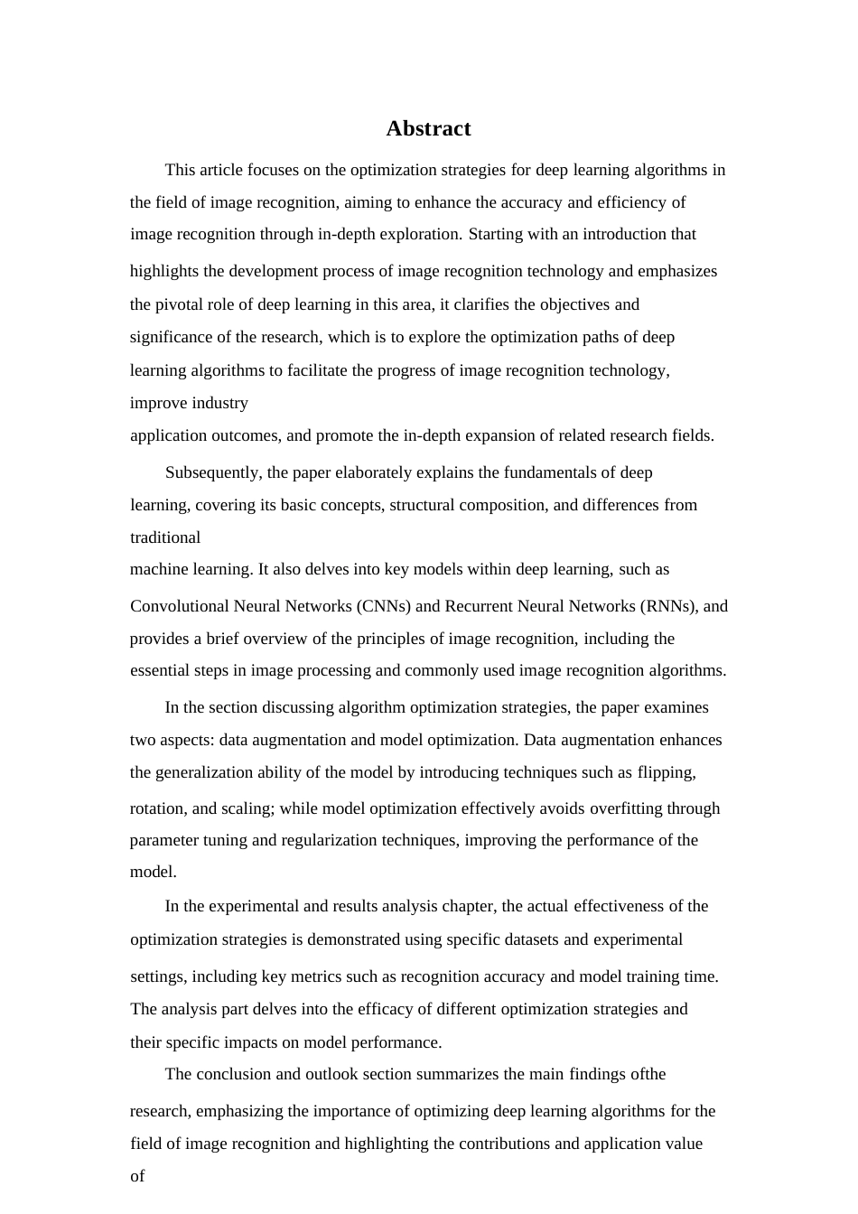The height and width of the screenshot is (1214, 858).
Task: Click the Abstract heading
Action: pyautogui.click(x=428, y=128)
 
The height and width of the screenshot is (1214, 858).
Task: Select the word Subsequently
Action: pyautogui.click(x=213, y=472)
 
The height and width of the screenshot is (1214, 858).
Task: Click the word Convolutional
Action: pyautogui.click(x=180, y=606)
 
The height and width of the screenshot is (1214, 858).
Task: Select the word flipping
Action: pyautogui.click(x=667, y=772)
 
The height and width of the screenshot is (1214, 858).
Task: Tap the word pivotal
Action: pyautogui.click(x=182, y=304)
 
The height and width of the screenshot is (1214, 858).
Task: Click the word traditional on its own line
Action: pyautogui.click(x=165, y=537)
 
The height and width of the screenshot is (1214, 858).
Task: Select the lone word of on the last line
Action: pyautogui.click(x=137, y=1176)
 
